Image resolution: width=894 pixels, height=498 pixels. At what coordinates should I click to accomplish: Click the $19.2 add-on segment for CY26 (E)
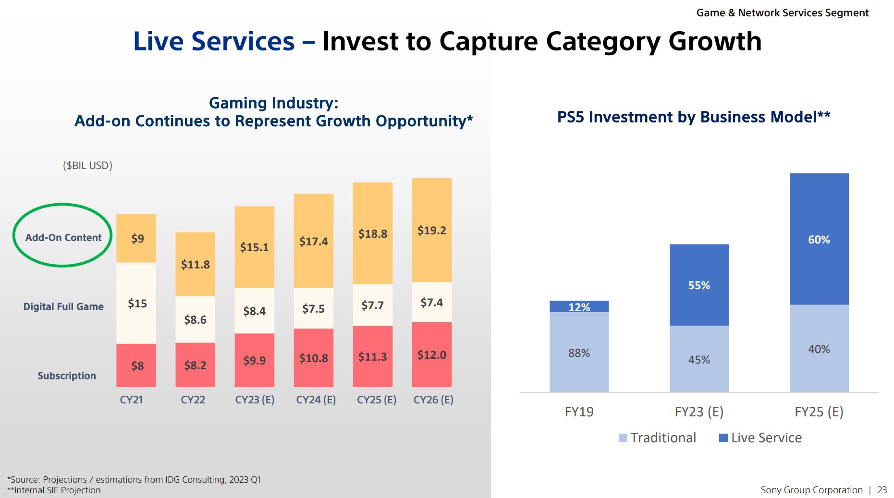click(x=432, y=230)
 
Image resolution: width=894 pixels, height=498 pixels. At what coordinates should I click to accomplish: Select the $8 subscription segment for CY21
click(x=136, y=365)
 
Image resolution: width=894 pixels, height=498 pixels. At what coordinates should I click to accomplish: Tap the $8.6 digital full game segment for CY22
click(x=195, y=319)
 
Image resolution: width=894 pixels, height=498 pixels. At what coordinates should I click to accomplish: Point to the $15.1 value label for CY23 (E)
click(x=255, y=247)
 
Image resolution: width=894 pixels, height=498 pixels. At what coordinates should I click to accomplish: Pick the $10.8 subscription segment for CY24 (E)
click(x=314, y=358)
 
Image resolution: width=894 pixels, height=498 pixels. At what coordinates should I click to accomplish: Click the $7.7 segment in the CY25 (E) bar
click(x=373, y=305)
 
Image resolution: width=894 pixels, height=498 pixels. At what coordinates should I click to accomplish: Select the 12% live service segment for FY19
click(x=579, y=307)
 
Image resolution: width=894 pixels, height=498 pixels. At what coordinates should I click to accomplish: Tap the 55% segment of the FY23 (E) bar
click(x=699, y=285)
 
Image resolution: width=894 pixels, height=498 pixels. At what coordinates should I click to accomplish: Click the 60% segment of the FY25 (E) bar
click(x=819, y=240)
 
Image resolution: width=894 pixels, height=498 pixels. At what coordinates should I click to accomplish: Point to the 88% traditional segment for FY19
click(x=579, y=352)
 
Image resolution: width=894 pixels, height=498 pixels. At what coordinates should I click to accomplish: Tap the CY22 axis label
click(x=193, y=400)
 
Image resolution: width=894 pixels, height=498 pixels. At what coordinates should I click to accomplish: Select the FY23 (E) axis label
click(x=699, y=412)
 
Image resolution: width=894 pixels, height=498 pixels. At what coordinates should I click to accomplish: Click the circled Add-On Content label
click(x=63, y=238)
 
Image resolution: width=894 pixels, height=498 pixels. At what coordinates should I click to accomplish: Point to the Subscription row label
click(x=67, y=376)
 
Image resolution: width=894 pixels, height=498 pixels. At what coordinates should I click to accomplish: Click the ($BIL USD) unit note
click(x=87, y=166)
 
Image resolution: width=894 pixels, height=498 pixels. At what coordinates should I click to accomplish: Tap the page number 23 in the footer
click(x=882, y=490)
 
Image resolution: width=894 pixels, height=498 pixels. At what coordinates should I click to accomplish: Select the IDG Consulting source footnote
click(x=134, y=479)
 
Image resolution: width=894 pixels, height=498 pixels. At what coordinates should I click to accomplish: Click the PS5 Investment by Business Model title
click(x=693, y=117)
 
